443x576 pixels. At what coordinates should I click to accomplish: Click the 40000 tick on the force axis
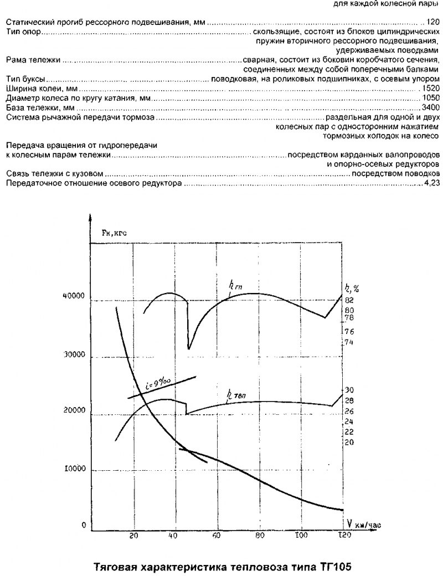[73, 297]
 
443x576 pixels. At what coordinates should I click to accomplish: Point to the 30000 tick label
[73, 356]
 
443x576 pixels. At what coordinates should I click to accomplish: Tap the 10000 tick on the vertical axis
[73, 469]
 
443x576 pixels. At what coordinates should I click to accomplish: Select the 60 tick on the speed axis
[217, 536]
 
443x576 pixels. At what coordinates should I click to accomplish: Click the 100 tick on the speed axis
[301, 536]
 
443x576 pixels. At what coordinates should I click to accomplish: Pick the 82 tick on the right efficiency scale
[349, 300]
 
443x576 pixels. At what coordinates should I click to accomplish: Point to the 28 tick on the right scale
[349, 400]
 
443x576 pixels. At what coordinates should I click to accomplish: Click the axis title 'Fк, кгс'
[114, 234]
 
